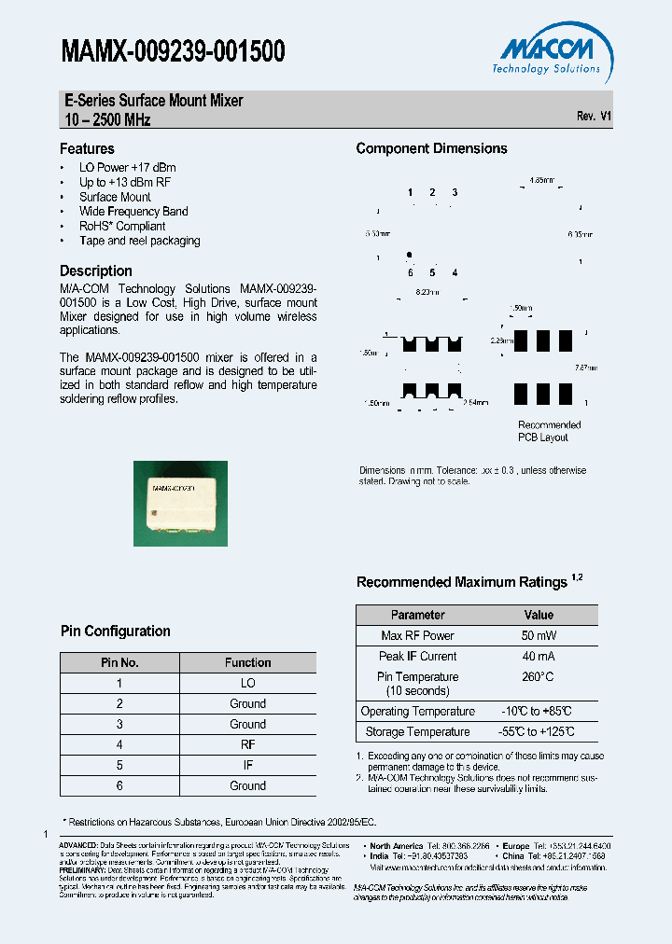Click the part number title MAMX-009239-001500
173,52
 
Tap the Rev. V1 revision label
594,116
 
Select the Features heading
87,148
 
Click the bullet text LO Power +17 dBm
127,168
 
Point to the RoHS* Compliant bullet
122,226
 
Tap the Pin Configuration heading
116,632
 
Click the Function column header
247,662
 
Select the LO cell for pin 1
247,683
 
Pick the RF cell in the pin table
247,744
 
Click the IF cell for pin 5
247,765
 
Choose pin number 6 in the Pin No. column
119,785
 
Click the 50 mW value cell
539,635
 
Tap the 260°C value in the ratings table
539,676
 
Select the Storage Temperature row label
417,732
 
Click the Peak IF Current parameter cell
417,656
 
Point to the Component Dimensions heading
431,148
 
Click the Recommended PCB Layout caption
549,431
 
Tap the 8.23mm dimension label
428,292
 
